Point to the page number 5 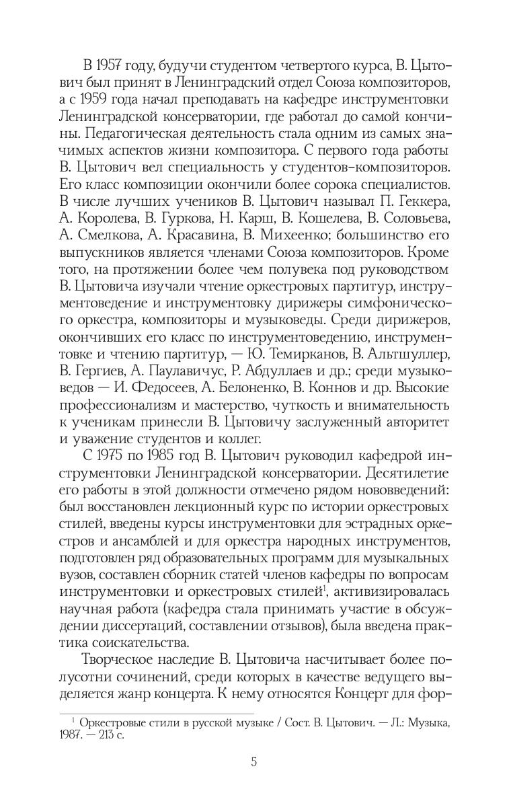point(253,762)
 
